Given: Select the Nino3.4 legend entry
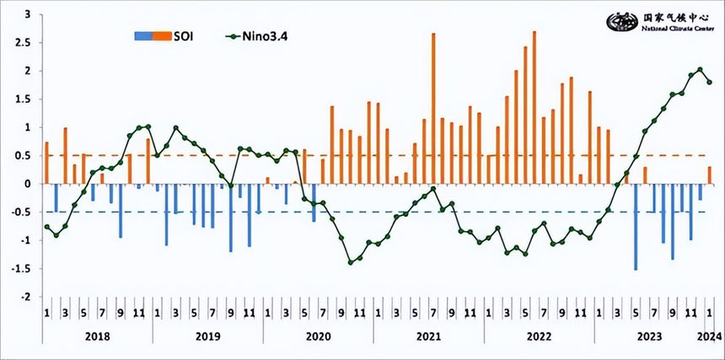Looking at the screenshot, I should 260,35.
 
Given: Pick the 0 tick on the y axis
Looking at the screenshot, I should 28,184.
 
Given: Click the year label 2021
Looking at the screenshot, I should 428,337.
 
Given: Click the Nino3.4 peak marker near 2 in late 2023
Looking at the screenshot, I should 700,70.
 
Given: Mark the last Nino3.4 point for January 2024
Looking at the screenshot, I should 710,82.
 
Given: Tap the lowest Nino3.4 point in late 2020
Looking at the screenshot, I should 351,262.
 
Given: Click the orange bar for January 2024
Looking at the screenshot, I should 710,175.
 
